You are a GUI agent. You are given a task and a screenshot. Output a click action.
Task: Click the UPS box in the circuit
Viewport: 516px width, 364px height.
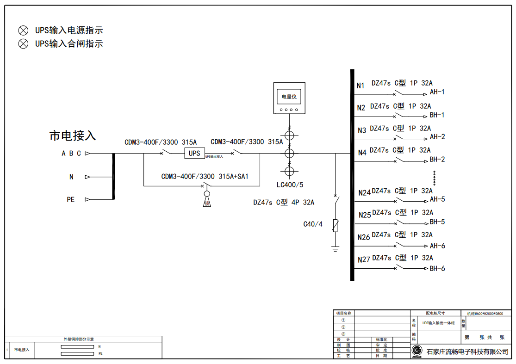(195, 153)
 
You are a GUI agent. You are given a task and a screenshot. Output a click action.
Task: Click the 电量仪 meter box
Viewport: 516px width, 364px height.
(289, 98)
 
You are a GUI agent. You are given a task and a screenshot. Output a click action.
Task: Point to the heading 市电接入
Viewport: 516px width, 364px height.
(72, 136)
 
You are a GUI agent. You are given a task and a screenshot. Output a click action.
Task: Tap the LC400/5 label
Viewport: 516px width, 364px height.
(290, 185)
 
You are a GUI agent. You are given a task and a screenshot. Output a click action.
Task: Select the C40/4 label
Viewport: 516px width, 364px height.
(313, 224)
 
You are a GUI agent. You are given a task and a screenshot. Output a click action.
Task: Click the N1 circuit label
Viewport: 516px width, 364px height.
(361, 86)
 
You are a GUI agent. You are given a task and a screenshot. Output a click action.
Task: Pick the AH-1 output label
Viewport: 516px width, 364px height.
(437, 92)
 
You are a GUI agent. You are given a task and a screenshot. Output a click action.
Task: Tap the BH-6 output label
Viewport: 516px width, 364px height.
(437, 269)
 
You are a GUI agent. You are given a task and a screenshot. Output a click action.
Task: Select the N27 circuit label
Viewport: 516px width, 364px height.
(364, 260)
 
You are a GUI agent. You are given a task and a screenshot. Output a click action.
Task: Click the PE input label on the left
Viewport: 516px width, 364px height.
(71, 200)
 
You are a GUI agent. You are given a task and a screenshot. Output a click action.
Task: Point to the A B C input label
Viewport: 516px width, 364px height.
(71, 154)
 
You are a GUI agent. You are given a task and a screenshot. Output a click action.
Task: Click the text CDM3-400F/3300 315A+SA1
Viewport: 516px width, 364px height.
(205, 176)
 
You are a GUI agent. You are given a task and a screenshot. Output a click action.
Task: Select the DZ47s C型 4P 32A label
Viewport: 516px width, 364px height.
(284, 203)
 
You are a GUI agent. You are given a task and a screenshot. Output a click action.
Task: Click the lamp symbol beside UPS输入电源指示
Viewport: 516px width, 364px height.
(23, 31)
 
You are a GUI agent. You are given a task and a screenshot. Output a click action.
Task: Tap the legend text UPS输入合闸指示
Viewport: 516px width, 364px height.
(69, 44)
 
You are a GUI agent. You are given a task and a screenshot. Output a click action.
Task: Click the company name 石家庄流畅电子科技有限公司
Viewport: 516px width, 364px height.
(467, 352)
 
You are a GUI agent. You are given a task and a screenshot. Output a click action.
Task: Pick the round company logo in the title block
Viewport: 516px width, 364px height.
(417, 350)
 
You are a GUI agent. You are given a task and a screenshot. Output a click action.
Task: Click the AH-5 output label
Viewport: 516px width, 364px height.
(437, 199)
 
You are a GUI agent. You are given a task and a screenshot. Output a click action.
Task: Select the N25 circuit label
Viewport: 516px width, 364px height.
(365, 215)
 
